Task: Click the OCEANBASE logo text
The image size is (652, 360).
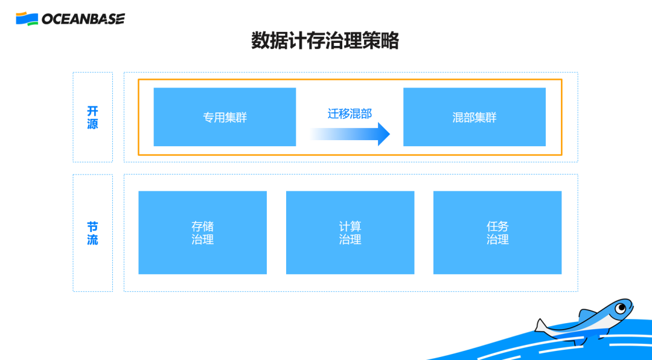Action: tap(83, 19)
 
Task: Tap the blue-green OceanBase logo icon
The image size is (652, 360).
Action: tap(27, 19)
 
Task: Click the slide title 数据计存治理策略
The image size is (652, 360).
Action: tap(325, 41)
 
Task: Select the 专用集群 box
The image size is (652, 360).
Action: tap(225, 117)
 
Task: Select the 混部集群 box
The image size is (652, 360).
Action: tap(475, 117)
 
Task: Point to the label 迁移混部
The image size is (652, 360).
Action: tap(350, 114)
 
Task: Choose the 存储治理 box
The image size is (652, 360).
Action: tap(202, 233)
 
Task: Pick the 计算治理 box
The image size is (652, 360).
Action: tap(350, 233)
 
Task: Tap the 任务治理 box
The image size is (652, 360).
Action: tap(497, 233)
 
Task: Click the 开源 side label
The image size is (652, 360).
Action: tap(92, 118)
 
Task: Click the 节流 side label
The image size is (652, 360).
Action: tap(92, 233)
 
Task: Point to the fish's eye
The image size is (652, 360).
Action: tap(619, 309)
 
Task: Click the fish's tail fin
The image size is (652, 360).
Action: tap(542, 327)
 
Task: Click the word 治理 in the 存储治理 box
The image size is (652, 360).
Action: tap(202, 240)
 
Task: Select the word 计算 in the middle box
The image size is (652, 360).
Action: tap(350, 227)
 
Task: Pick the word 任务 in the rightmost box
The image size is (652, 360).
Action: tap(497, 227)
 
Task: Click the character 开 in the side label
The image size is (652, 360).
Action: tap(92, 111)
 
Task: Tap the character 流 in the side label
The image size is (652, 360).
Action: tap(92, 240)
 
